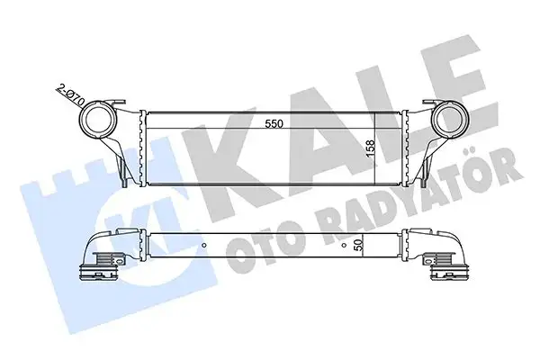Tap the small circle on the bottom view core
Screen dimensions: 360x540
(x=207, y=243)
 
